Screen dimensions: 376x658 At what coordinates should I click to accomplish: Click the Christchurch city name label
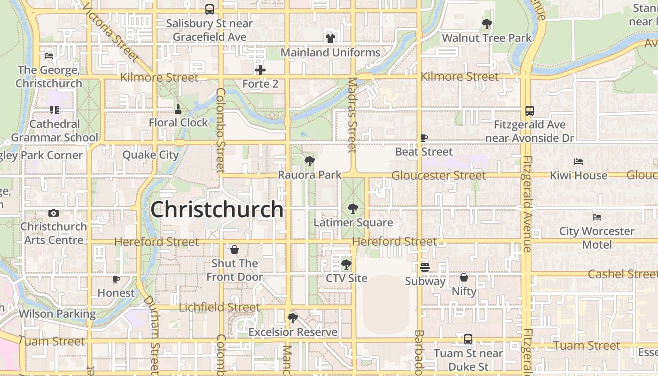(217, 210)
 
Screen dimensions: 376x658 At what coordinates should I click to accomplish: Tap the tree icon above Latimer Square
(352, 209)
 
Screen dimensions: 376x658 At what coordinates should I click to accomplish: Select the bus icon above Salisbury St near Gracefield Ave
(210, 9)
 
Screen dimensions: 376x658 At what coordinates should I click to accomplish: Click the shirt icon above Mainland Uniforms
(330, 39)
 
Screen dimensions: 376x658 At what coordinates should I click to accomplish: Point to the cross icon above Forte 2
(260, 70)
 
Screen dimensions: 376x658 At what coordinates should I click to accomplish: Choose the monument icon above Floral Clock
(178, 109)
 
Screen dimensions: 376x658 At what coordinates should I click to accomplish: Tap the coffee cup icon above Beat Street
(424, 138)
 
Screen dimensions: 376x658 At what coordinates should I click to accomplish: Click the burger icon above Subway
(425, 267)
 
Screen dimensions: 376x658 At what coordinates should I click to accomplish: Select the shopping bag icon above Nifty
(464, 277)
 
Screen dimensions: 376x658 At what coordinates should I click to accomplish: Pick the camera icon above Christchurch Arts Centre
(54, 213)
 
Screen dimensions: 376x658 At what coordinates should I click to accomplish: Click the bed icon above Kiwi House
(579, 162)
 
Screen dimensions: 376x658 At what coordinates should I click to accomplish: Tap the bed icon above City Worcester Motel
(597, 217)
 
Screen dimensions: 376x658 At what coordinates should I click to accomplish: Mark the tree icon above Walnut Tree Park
(487, 24)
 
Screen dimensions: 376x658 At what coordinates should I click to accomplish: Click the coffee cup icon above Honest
(116, 279)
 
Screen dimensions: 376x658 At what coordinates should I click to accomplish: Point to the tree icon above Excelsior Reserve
(293, 318)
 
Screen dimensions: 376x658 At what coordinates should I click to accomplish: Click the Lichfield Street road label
(219, 307)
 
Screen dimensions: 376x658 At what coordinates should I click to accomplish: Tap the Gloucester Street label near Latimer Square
(439, 175)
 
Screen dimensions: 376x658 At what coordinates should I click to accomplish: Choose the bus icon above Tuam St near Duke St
(468, 339)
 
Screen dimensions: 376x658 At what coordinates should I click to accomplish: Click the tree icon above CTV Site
(346, 265)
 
